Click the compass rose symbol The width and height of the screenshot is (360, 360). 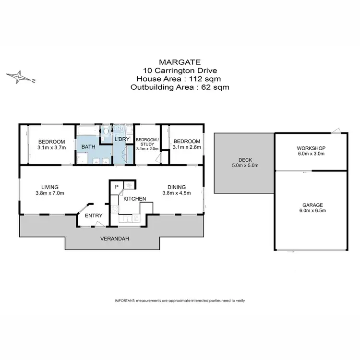(20, 77)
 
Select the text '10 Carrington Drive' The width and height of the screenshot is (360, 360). (180, 71)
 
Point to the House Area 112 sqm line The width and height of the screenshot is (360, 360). (180, 79)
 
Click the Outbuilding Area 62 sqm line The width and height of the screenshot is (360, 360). (180, 87)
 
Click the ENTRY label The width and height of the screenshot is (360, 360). (93, 216)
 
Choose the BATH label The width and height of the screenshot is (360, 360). (88, 146)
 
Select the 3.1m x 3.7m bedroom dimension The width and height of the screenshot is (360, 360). (52, 148)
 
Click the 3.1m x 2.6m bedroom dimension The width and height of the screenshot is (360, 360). (187, 148)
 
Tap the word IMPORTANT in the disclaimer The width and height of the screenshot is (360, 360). (125, 300)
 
